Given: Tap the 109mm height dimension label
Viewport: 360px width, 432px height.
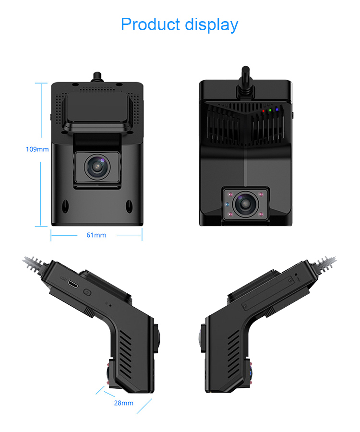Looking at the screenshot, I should [x=37, y=149].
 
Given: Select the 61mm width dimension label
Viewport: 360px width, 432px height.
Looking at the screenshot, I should [x=96, y=235].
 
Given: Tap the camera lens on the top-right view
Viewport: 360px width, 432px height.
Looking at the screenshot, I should [x=245, y=204].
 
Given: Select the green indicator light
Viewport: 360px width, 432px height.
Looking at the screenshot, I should [x=270, y=110].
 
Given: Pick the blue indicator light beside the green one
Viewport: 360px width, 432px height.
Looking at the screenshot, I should [x=277, y=110].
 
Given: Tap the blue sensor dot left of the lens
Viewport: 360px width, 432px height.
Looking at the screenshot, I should [x=228, y=204].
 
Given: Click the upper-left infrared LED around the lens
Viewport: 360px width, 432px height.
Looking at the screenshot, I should [x=231, y=195].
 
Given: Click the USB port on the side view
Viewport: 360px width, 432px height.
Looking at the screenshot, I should [x=73, y=285].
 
